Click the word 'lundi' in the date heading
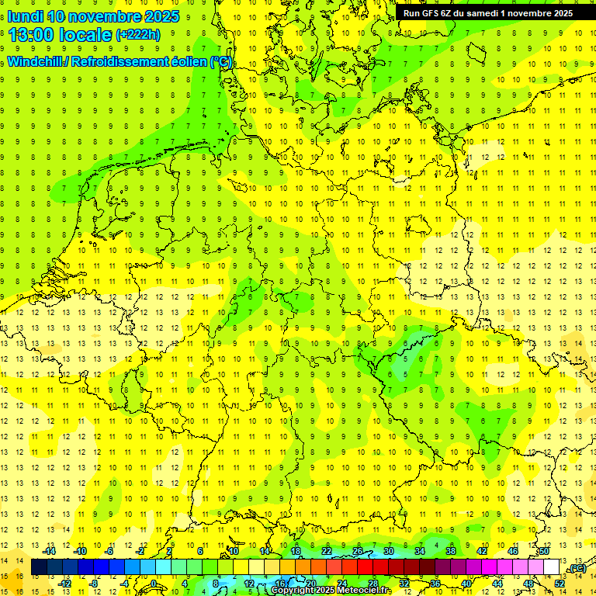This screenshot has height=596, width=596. [x=26, y=16]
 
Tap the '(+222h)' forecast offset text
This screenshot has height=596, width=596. [x=137, y=34]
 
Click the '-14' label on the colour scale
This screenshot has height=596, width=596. [x=50, y=551]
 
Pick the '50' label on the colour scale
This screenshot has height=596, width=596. [x=544, y=551]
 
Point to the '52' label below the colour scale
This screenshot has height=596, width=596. [x=560, y=583]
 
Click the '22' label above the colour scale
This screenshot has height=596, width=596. [x=327, y=551]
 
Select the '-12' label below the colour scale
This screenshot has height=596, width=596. [x=66, y=583]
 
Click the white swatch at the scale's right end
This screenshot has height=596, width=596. [x=552, y=567]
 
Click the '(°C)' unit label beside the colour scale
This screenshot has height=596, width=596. [x=576, y=568]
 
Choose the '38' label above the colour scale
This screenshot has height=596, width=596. [x=451, y=551]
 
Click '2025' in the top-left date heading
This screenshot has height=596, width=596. [x=161, y=16]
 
